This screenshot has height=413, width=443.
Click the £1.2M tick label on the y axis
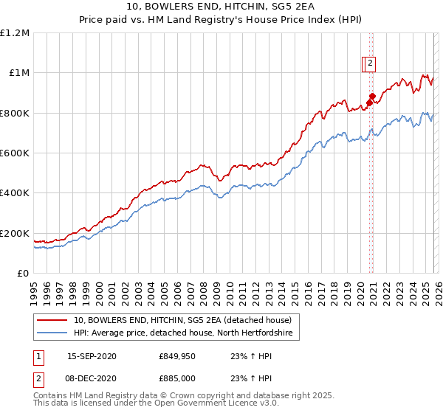tap(15, 32)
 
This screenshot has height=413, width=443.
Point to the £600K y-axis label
tap(15, 153)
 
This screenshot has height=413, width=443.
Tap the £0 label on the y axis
tap(24, 274)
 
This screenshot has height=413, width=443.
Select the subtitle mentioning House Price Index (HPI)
tap(221, 21)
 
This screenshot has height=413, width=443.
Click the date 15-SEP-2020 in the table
tap(92, 356)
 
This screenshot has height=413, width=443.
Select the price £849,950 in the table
tap(177, 356)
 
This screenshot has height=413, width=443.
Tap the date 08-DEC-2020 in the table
tap(92, 378)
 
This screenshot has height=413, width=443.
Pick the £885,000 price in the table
tap(177, 378)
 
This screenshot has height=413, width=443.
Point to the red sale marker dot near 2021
tap(373, 96)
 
